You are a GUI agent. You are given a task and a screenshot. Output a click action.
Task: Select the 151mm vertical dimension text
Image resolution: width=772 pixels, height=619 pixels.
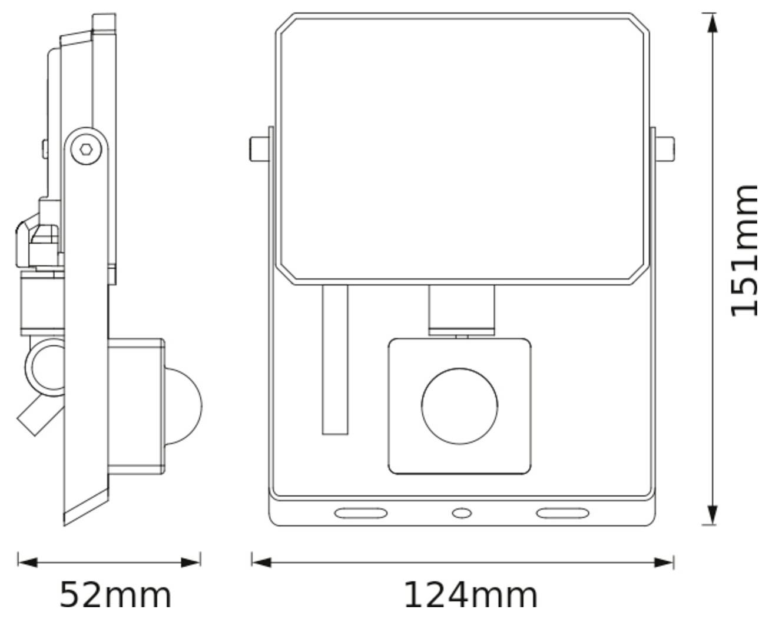point(743,250)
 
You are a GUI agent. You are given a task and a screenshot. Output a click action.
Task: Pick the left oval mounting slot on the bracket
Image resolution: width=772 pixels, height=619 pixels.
point(360,513)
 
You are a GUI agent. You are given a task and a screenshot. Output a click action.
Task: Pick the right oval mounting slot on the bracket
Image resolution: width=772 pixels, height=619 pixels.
point(562,513)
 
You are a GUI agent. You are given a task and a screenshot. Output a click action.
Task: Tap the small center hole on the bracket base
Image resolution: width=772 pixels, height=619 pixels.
point(461,513)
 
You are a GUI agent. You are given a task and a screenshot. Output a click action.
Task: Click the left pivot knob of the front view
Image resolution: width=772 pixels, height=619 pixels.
point(258,149)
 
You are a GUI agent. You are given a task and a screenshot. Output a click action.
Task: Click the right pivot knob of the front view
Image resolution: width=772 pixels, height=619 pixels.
point(664,149)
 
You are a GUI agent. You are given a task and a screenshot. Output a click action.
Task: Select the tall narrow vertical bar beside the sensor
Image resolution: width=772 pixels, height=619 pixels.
point(335,360)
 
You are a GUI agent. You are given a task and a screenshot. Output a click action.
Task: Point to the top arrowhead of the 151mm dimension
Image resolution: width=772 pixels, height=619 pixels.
point(712,24)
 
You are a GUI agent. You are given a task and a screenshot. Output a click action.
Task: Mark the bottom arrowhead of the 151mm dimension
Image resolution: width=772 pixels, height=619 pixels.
point(712,515)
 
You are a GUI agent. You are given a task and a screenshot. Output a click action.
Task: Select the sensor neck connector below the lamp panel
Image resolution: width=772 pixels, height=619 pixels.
point(460,310)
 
